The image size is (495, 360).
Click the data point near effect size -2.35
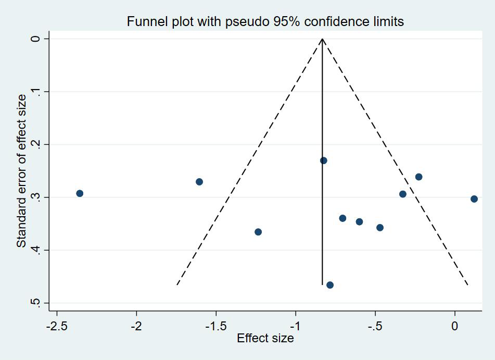pyautogui.click(x=80, y=193)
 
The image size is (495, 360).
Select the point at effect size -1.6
pyautogui.click(x=199, y=182)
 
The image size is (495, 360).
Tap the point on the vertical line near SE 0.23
pyautogui.click(x=323, y=160)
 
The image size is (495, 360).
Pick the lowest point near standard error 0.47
pyautogui.click(x=329, y=285)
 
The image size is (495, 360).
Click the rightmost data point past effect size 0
pyautogui.click(x=474, y=199)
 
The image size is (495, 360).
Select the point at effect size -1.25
pyautogui.click(x=258, y=232)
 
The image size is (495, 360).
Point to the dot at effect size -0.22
pyautogui.click(x=418, y=177)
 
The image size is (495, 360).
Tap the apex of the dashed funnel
pyautogui.click(x=322, y=39)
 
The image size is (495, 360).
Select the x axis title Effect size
pyautogui.click(x=265, y=339)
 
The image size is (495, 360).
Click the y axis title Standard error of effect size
pyautogui.click(x=21, y=171)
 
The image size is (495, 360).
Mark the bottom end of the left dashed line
pyautogui.click(x=177, y=285)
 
